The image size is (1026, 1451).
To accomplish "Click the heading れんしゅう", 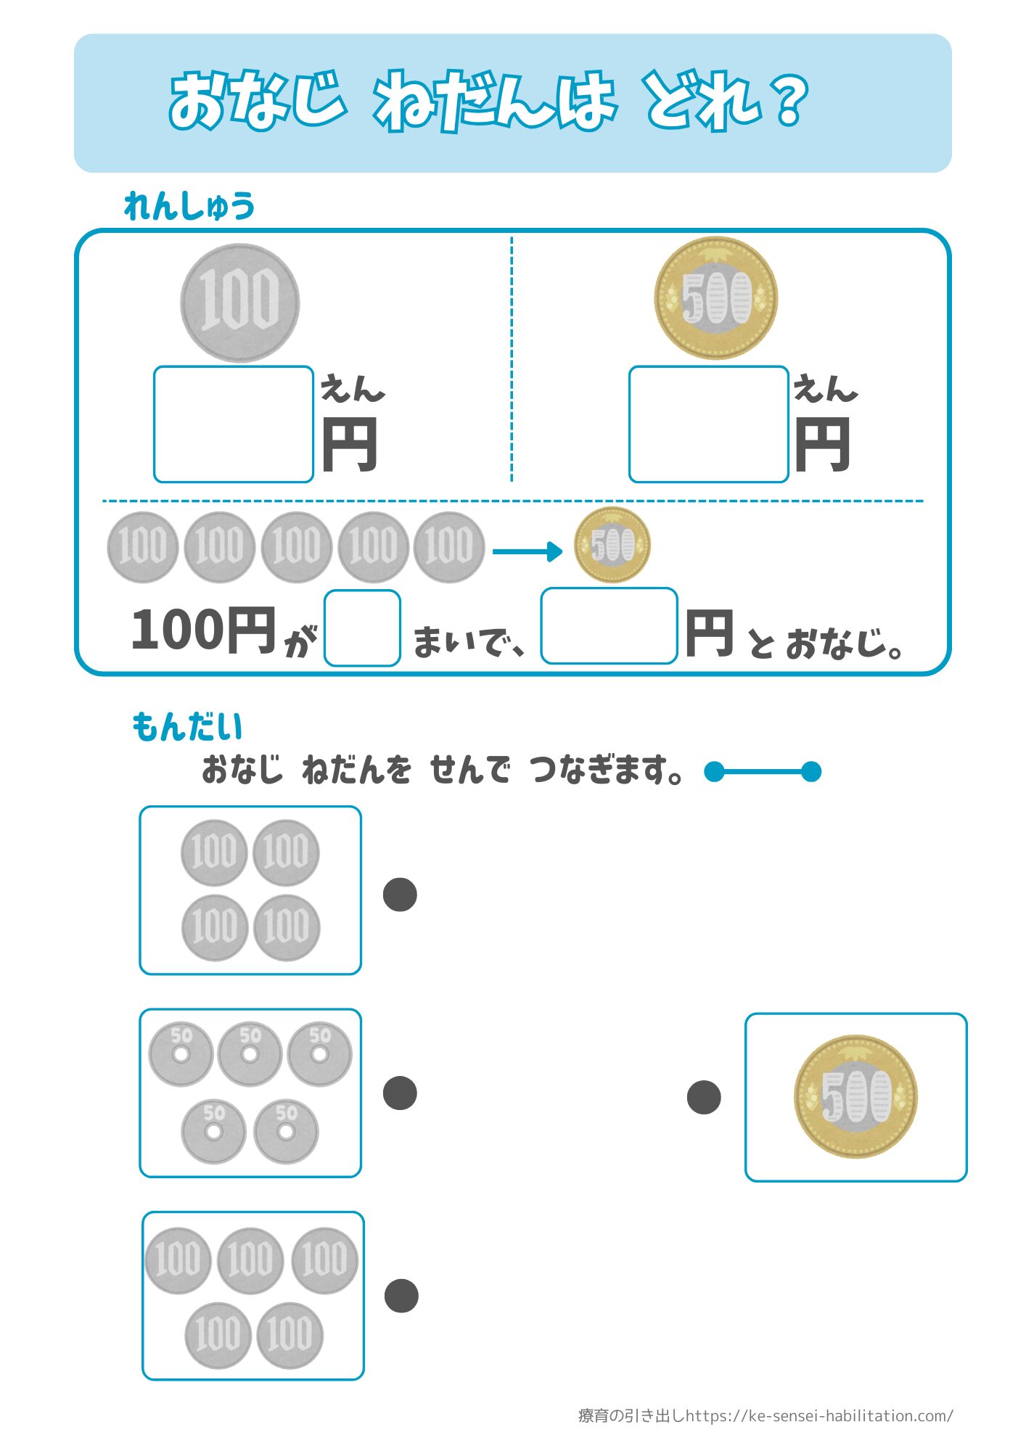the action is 189,206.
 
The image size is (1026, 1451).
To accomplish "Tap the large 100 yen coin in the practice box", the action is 239,303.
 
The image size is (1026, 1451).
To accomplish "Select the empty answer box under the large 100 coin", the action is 234,424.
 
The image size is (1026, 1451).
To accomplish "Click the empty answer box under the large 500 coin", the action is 709,424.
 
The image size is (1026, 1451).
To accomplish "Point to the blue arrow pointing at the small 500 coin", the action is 528,551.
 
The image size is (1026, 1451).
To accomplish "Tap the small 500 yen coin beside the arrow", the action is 612,545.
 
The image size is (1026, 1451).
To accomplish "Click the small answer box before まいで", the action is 362,628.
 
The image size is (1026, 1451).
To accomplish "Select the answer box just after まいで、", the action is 609,626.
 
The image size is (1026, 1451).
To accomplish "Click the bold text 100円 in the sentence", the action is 204,630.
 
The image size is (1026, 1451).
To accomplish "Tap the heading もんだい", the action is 187,727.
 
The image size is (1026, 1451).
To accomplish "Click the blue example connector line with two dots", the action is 763,771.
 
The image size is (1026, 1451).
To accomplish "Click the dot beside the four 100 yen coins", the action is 400,895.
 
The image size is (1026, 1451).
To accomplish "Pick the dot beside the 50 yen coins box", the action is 400,1093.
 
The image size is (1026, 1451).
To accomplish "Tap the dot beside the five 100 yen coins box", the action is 401,1296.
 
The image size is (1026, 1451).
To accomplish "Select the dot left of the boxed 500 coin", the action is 704,1097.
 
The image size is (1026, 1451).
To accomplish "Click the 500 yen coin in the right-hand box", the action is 855,1096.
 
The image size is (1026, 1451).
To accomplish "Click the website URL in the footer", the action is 820,1415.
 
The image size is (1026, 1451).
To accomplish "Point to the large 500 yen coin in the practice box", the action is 715,298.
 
